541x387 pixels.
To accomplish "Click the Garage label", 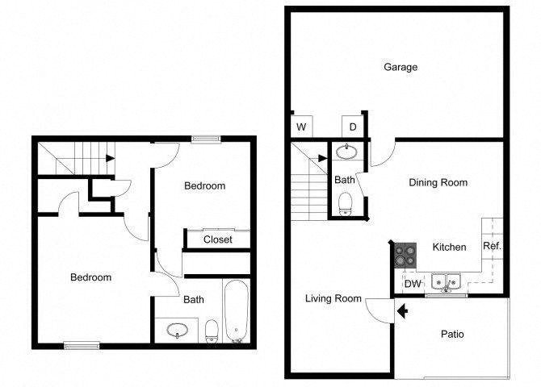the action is (x=401, y=66).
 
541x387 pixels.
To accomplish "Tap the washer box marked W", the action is (x=301, y=127).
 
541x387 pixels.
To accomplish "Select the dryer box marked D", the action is (x=352, y=127).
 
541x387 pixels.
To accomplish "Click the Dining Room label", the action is (x=438, y=182).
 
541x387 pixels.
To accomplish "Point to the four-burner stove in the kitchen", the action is (x=405, y=256).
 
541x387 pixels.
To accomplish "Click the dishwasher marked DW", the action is (x=413, y=284).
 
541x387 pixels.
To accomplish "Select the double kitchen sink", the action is (x=446, y=282).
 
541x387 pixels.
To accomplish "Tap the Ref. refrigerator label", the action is (x=492, y=246).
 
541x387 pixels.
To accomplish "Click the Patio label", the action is (x=452, y=334).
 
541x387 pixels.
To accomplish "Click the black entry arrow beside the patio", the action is (x=402, y=311).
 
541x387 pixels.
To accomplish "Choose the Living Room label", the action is (x=333, y=298).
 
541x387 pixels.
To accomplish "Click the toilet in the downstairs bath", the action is (x=345, y=204).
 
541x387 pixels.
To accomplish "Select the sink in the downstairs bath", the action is (x=346, y=152).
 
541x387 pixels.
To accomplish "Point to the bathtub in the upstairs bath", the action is (x=236, y=311).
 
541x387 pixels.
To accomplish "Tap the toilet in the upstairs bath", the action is (x=212, y=331).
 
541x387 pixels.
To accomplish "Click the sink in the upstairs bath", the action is (x=177, y=331).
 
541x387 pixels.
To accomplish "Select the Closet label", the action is (x=218, y=239).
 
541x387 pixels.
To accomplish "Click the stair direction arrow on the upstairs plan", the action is (x=110, y=159).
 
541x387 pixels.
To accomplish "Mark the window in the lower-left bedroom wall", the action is (x=82, y=345).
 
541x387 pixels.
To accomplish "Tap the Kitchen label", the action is (x=449, y=247).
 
